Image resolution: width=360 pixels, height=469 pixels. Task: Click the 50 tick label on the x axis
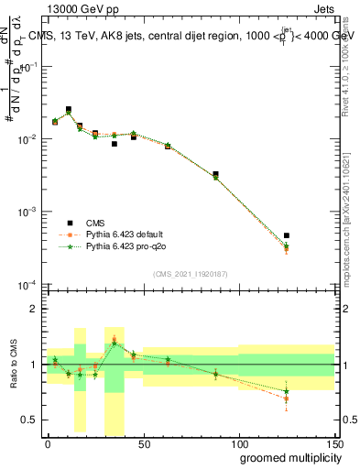143,443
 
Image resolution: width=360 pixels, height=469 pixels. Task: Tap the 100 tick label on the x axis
238,443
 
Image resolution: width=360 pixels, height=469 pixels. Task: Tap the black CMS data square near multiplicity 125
287,235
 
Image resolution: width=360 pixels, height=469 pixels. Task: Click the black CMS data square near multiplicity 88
215,174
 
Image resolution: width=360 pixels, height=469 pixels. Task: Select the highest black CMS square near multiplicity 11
69,109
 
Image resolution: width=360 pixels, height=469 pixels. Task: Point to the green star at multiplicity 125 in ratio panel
287,391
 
